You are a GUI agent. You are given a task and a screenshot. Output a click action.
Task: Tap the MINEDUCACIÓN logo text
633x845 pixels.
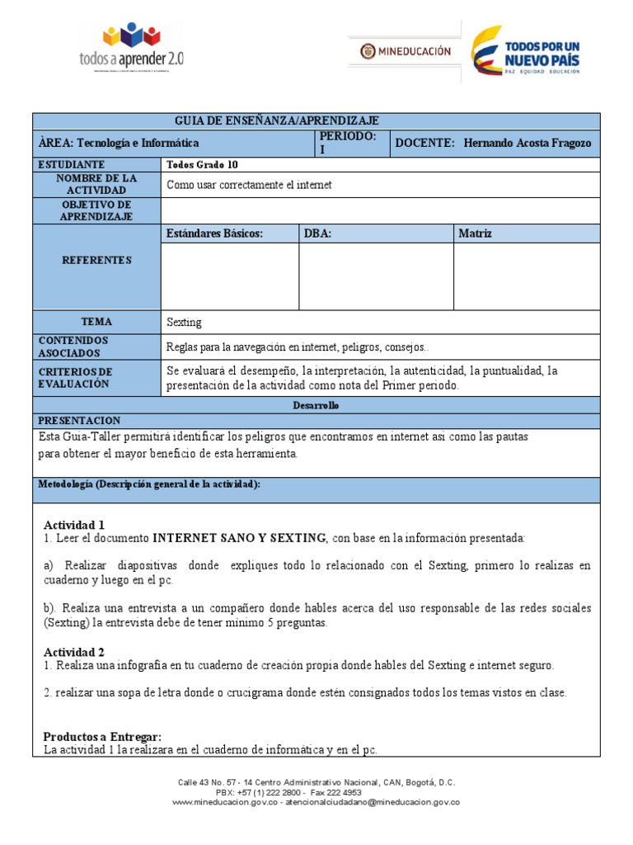pos(406,51)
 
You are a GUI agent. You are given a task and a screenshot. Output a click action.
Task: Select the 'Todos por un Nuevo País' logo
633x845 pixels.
pos(525,52)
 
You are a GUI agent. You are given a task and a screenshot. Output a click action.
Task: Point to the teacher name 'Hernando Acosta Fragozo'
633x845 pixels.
pos(527,144)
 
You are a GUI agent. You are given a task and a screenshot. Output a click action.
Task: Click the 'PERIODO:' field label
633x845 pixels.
pos(348,136)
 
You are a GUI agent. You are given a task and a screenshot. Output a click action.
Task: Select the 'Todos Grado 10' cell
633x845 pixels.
pos(202,165)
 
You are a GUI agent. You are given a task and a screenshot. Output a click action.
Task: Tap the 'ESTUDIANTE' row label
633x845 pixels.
pos(71,165)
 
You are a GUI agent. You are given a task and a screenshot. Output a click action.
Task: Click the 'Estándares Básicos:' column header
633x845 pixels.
pos(214,234)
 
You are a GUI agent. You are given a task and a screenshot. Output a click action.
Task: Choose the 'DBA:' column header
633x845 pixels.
pos(317,234)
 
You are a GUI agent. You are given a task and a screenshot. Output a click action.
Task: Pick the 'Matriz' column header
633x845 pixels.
pos(475,234)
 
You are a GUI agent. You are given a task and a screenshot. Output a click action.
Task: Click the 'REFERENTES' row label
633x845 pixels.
pos(96,261)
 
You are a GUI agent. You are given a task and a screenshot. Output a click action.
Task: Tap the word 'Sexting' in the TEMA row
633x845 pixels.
pos(184,323)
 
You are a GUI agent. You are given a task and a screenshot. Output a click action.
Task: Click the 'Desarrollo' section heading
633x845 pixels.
pos(316,405)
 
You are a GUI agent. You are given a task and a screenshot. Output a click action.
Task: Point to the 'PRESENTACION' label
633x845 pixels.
pos(79,421)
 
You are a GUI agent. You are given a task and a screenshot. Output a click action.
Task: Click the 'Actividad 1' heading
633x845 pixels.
pos(74,525)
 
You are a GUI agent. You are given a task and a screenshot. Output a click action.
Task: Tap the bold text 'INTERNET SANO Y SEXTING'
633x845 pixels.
pos(239,538)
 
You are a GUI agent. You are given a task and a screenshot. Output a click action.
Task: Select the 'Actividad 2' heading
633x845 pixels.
pos(74,652)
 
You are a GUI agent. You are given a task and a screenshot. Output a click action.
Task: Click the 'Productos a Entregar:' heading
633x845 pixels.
pos(102,736)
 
